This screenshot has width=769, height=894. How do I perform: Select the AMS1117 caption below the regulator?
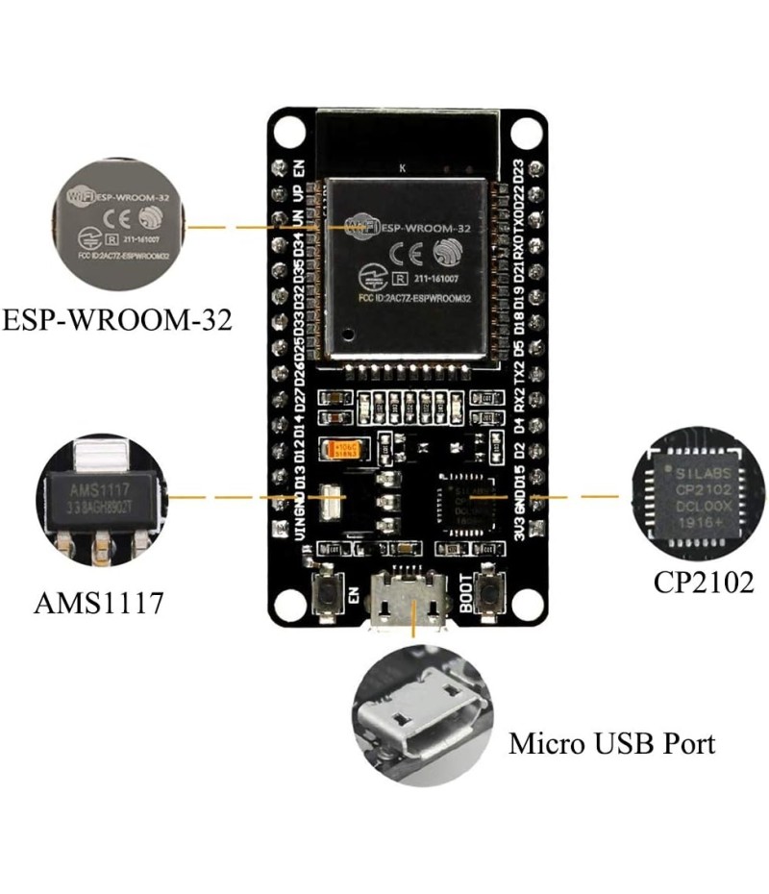(99, 604)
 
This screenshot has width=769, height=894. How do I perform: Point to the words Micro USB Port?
(612, 743)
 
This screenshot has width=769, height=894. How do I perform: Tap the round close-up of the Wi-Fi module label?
(117, 228)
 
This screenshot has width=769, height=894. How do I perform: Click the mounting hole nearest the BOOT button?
(524, 601)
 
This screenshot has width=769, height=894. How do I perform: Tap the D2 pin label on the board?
(519, 450)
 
